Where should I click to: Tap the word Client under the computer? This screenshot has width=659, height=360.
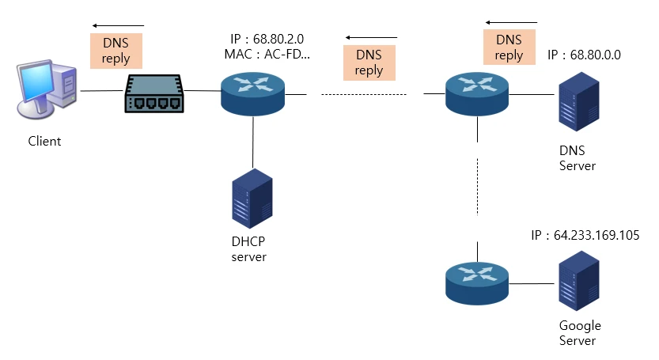point(44,142)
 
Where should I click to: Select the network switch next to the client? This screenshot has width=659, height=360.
point(153,93)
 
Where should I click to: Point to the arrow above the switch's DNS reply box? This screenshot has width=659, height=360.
point(119,25)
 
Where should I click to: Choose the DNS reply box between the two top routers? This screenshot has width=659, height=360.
point(369,63)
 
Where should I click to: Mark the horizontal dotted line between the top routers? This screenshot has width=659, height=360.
point(363,94)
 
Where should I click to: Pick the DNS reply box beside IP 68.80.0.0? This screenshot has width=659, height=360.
point(509,47)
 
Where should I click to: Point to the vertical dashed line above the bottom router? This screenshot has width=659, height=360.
point(477,185)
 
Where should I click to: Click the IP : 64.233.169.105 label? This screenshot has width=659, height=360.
point(585,236)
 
